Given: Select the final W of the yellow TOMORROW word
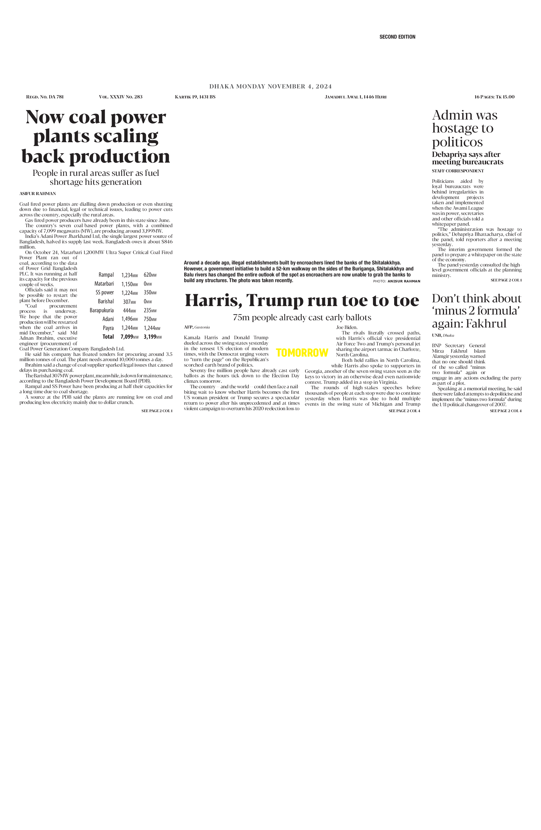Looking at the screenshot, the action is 324,353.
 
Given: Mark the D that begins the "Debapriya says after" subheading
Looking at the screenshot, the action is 435,154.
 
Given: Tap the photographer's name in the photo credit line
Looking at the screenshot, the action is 404,281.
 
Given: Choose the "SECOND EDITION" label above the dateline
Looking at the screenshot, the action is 397,37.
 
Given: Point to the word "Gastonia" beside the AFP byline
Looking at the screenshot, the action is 202,327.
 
